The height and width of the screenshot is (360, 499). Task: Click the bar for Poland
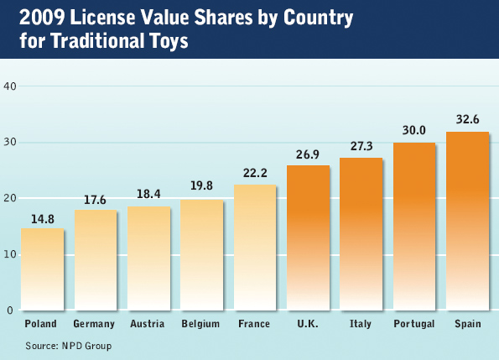click(42, 269)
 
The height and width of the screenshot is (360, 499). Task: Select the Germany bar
click(95, 259)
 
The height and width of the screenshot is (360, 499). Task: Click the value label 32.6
click(467, 120)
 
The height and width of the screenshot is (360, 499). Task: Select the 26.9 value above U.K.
click(308, 154)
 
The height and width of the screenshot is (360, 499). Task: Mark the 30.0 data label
click(414, 130)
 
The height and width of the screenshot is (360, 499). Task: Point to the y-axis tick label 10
click(9, 254)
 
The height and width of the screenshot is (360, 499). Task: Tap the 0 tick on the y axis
click(12, 310)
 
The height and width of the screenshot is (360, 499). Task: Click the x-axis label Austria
click(148, 324)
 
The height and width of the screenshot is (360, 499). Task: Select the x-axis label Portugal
click(414, 324)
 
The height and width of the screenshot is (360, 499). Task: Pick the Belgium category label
click(200, 324)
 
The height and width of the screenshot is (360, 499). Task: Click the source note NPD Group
click(69, 345)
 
